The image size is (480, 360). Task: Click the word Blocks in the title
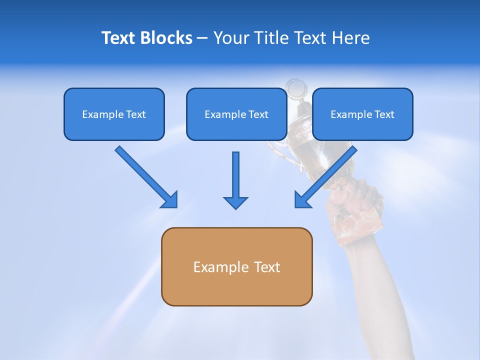(x=167, y=38)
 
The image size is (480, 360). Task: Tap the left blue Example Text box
(x=114, y=114)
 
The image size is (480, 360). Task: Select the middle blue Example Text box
(x=236, y=114)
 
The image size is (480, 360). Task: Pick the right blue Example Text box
(x=362, y=114)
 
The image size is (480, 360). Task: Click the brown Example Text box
(x=236, y=266)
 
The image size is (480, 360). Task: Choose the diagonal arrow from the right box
(x=327, y=175)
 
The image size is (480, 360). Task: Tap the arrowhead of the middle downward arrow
(x=235, y=202)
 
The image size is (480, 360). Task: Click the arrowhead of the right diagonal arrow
(x=301, y=200)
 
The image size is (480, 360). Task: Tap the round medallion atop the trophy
(x=295, y=88)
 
